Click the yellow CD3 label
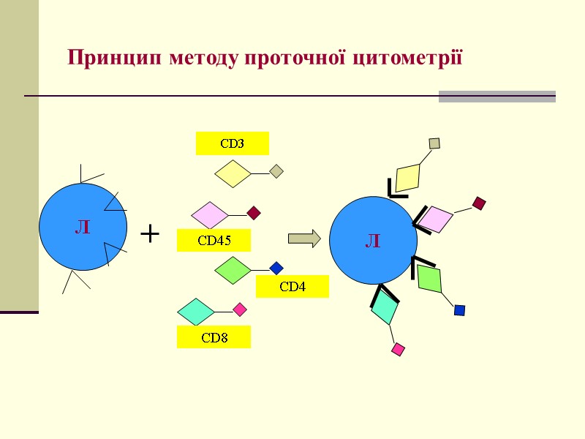pos(232,143)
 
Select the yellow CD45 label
pos(214,240)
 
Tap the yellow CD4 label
pos(292,287)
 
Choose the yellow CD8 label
pos(214,337)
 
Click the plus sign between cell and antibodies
pos(149,234)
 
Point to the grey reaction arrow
pos(304,238)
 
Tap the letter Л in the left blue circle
pos(83,228)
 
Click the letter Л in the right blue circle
pos(373,240)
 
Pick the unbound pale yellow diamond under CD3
pos(233,174)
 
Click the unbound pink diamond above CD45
pos(210,215)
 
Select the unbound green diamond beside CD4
pos(233,270)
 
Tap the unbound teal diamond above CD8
pos(196,311)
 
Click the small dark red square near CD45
pos(254,214)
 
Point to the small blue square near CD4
pos(276,269)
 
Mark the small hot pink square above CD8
pos(240,309)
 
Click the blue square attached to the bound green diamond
pos(459,310)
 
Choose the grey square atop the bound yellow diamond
pos(434,143)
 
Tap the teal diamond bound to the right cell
pos(385,308)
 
